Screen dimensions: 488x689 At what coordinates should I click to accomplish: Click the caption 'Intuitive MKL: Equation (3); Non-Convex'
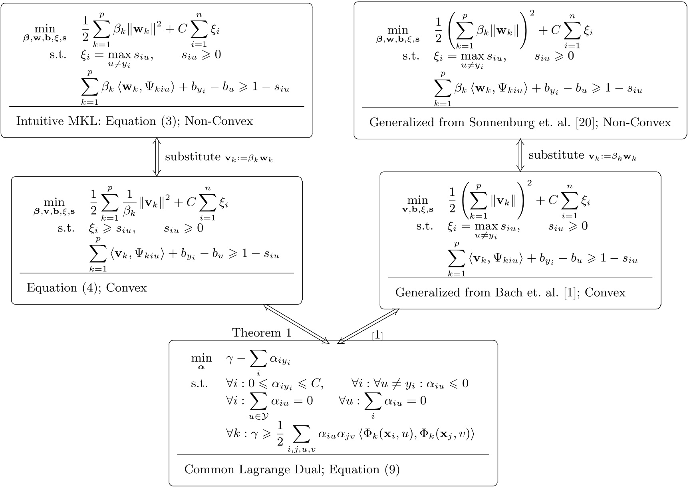(x=135, y=121)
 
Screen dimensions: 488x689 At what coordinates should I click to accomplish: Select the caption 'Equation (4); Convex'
(x=87, y=288)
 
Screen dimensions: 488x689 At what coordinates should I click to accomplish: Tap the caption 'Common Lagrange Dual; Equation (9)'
(x=292, y=469)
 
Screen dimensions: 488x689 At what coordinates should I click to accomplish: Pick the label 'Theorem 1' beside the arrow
(x=262, y=333)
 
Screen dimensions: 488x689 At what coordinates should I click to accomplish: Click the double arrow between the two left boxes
(x=157, y=157)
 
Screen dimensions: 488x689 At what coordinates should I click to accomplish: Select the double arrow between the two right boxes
(x=520, y=155)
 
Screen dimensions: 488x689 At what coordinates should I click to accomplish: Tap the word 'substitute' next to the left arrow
(x=193, y=157)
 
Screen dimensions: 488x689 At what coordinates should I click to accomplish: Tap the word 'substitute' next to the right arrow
(x=556, y=155)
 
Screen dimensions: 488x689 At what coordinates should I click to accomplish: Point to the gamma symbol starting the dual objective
(x=229, y=359)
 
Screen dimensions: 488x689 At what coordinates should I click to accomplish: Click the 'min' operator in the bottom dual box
(x=201, y=358)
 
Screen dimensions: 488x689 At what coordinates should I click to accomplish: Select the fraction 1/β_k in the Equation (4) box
(x=129, y=203)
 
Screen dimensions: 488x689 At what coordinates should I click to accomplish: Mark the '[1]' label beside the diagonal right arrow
(x=377, y=335)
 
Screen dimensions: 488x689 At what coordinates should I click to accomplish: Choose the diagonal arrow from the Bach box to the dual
(x=368, y=326)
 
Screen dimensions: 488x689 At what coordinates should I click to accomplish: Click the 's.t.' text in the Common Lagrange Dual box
(x=199, y=384)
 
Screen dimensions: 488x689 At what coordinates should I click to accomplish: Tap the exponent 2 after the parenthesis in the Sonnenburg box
(x=531, y=18)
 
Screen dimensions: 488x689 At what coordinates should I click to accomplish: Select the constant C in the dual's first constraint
(x=316, y=384)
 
